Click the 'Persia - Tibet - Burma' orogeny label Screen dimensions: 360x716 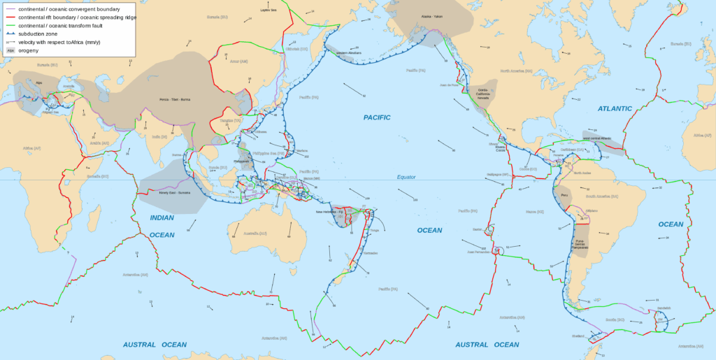[x=175, y=99]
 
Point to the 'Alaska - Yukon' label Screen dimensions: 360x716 [x=431, y=16]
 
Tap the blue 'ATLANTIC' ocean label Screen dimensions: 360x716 [x=615, y=108]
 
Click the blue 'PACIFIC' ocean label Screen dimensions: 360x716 [x=377, y=117]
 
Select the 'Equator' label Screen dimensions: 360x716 [x=406, y=178]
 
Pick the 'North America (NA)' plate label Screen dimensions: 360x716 [x=518, y=71]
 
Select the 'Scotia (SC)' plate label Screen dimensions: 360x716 [x=615, y=319]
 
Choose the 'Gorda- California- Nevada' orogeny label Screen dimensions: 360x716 [x=483, y=94]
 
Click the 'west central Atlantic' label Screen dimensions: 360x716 [x=596, y=138]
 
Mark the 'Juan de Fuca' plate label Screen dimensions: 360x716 [x=449, y=85]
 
